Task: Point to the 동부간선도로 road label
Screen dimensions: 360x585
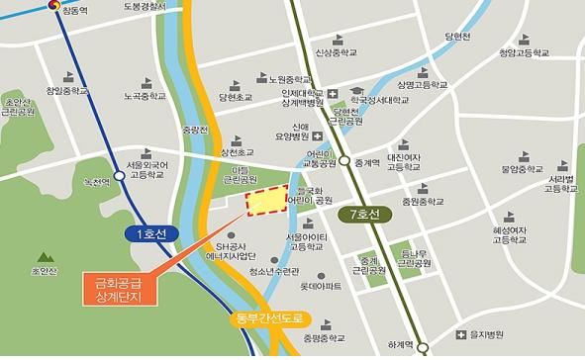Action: [272, 319]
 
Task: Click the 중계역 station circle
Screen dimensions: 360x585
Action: [343, 163]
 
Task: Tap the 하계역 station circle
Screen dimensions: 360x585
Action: [423, 347]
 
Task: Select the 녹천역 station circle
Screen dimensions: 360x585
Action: [120, 176]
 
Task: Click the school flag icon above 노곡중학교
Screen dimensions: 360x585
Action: [136, 82]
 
